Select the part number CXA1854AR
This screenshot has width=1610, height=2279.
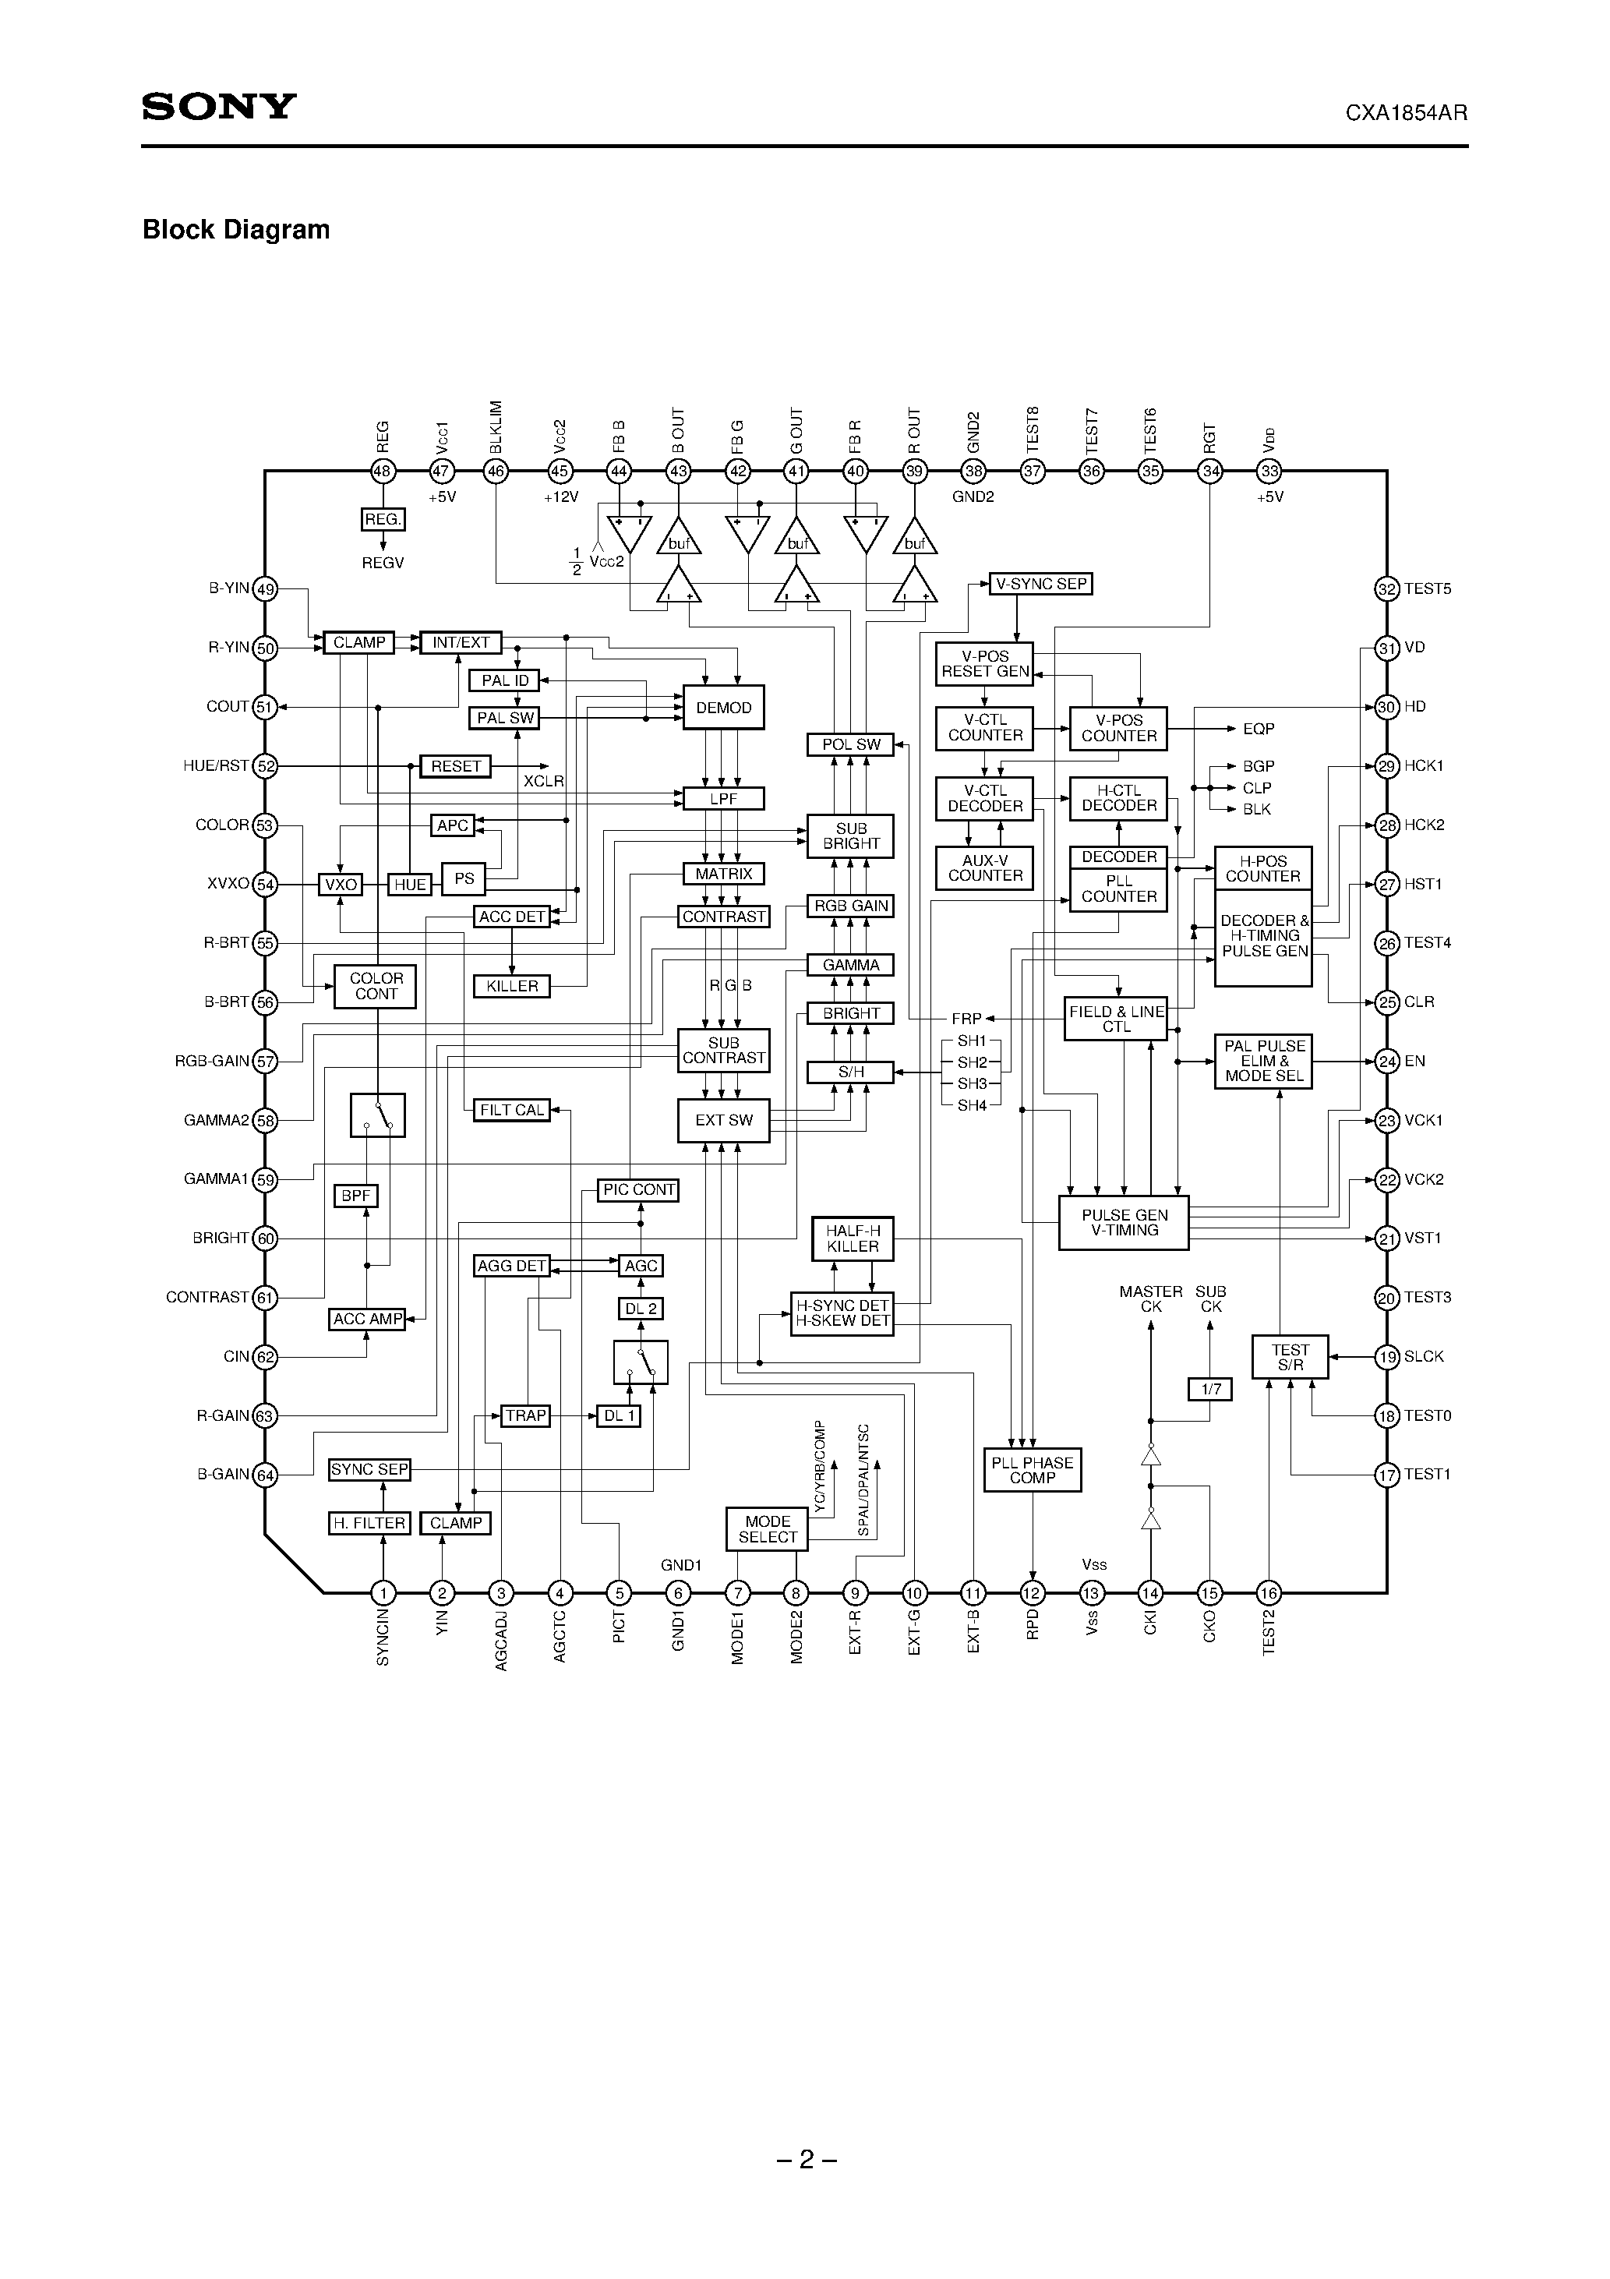pos(1406,113)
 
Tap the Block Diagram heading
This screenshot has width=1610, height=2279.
pos(236,229)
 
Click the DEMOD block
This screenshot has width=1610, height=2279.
pos(724,708)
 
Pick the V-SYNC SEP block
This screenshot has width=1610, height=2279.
pos(1040,584)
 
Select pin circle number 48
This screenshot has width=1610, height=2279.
pos(383,472)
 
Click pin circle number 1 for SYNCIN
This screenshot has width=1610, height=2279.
pos(383,1593)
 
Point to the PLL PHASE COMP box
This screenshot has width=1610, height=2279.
pos(1033,1470)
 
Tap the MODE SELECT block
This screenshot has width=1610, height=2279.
pos(768,1528)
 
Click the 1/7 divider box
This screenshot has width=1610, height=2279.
pos(1211,1389)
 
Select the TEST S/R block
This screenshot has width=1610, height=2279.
pos(1290,1357)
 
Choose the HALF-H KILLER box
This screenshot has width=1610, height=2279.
pos(853,1238)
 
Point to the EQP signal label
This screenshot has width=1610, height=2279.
pos(1258,729)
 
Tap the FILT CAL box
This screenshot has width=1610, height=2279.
pos(512,1110)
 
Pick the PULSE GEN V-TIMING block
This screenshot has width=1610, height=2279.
pos(1125,1223)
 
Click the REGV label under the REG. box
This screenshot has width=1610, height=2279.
pos(383,563)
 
